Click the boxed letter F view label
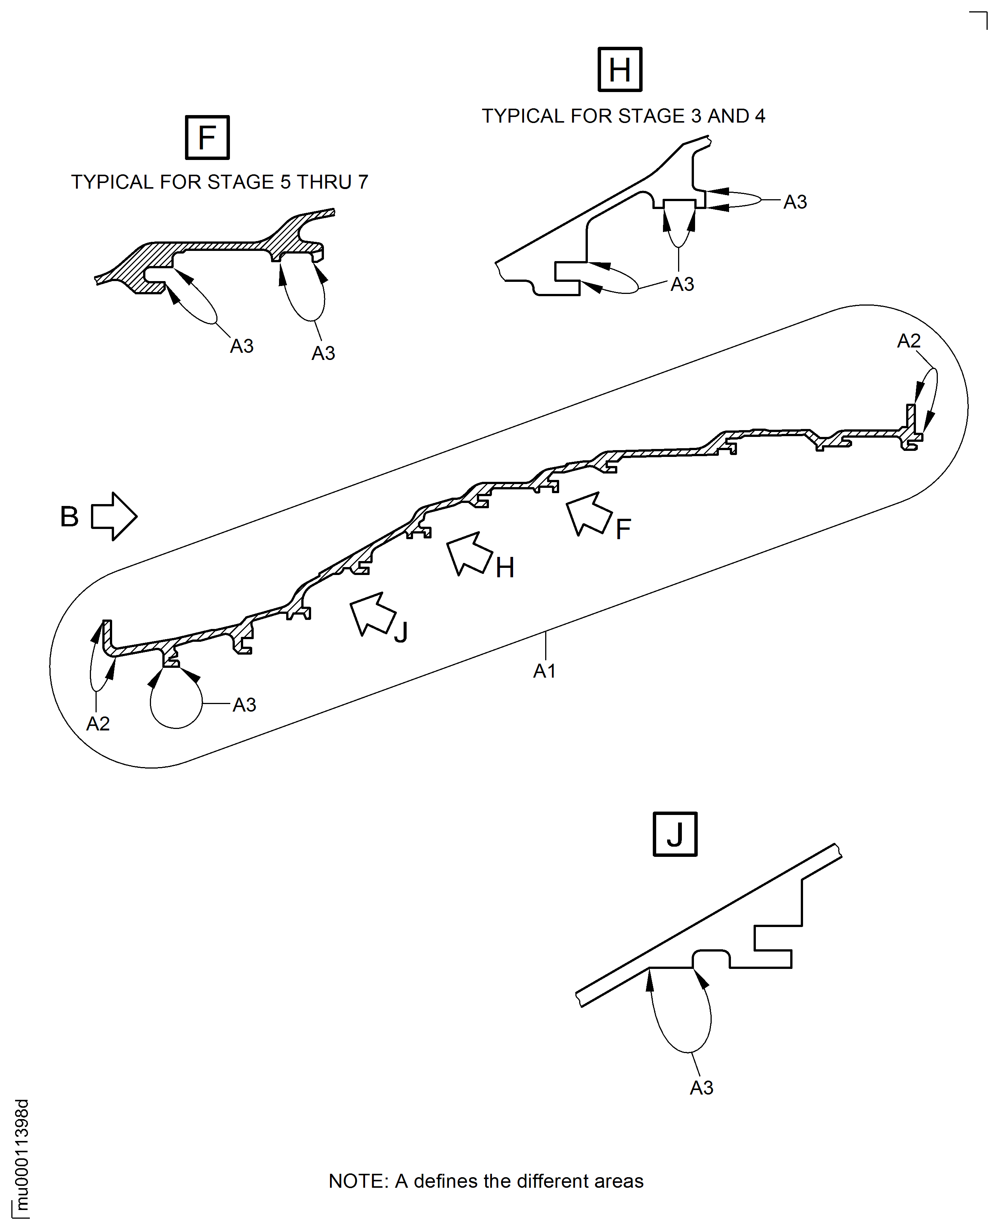(x=207, y=137)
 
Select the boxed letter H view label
(x=620, y=69)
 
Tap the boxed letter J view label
(x=675, y=834)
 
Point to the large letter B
(x=69, y=517)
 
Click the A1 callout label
(x=544, y=671)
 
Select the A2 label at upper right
(x=909, y=341)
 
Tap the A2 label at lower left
(x=98, y=723)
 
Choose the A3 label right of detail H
(x=795, y=202)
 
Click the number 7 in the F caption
(x=363, y=182)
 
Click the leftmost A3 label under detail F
(x=242, y=346)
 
